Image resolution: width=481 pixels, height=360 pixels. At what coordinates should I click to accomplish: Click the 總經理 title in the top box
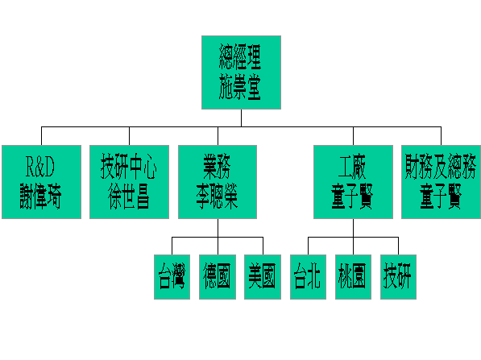(x=240, y=57)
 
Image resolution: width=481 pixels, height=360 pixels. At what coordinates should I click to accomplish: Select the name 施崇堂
(x=240, y=87)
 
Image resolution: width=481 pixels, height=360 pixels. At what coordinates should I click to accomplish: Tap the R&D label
(x=40, y=167)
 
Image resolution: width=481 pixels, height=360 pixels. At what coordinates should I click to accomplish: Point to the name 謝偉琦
(x=41, y=196)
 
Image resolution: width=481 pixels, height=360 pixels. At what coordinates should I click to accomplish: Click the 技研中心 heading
(x=129, y=167)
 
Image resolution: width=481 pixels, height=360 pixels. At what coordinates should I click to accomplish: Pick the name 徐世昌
(x=129, y=196)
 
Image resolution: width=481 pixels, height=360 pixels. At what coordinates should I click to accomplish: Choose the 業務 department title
(x=218, y=167)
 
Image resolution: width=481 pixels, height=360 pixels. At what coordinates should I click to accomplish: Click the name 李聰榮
(x=218, y=196)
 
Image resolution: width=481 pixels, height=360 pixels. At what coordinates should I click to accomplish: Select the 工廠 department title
(x=352, y=167)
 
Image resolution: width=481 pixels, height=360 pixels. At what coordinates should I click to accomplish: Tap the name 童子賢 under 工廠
(x=352, y=196)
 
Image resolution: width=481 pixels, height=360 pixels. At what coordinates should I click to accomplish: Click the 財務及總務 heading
(x=441, y=167)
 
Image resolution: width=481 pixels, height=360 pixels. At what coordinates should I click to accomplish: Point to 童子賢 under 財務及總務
(x=441, y=196)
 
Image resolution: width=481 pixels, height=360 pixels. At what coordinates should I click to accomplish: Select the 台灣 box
(x=172, y=277)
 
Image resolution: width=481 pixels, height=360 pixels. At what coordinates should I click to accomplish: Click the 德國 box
(x=218, y=277)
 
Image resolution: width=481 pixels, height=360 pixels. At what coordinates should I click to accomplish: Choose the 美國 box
(x=263, y=277)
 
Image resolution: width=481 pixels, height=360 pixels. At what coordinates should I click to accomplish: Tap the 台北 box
(x=308, y=277)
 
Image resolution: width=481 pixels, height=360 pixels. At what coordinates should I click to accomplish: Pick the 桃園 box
(x=353, y=277)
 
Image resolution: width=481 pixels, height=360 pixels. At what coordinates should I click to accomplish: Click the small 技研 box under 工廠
(x=398, y=277)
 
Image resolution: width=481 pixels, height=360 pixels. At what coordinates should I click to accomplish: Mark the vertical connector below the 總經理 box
(x=241, y=118)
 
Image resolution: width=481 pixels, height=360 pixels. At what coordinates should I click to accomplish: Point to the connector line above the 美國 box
(x=263, y=246)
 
